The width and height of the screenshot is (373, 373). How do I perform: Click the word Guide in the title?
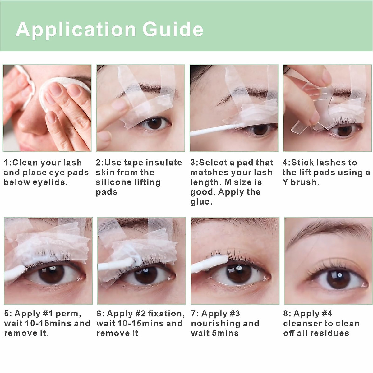(x=173, y=29)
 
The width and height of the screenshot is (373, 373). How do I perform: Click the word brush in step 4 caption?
(x=304, y=182)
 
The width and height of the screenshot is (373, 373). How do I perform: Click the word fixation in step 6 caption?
(x=165, y=314)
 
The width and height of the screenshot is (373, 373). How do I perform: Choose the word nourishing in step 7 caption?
(x=216, y=323)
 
